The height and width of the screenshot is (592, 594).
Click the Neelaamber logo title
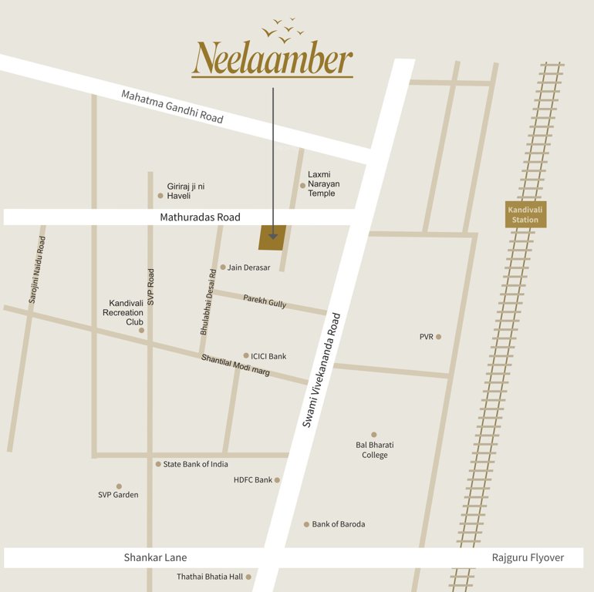pyautogui.click(x=272, y=59)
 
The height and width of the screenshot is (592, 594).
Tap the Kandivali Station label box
pyautogui.click(x=525, y=214)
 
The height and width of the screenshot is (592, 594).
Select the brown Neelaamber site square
pyautogui.click(x=272, y=238)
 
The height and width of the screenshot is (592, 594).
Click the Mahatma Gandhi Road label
pyautogui.click(x=172, y=106)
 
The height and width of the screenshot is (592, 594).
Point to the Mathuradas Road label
pyautogui.click(x=200, y=217)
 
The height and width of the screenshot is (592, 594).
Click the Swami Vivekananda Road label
pyautogui.click(x=321, y=370)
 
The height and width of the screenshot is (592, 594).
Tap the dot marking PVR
pyautogui.click(x=438, y=337)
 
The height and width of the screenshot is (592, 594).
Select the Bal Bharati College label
pyautogui.click(x=375, y=450)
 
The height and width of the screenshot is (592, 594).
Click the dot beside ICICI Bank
pyautogui.click(x=246, y=355)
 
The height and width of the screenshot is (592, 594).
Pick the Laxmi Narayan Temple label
pyautogui.click(x=323, y=183)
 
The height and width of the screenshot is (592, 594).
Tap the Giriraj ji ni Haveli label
pyautogui.click(x=186, y=191)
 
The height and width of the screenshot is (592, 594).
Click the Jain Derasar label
pyautogui.click(x=248, y=267)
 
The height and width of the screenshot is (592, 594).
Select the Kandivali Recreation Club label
pyautogui.click(x=126, y=312)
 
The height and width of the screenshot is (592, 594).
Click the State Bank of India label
pyautogui.click(x=195, y=464)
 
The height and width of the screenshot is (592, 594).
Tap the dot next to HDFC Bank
pyautogui.click(x=277, y=480)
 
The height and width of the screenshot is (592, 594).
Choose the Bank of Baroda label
pyautogui.click(x=339, y=524)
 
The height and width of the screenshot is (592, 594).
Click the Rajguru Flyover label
pyautogui.click(x=528, y=557)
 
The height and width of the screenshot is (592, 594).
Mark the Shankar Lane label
pyautogui.click(x=155, y=557)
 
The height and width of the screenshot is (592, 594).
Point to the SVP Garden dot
pyautogui.click(x=119, y=486)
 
